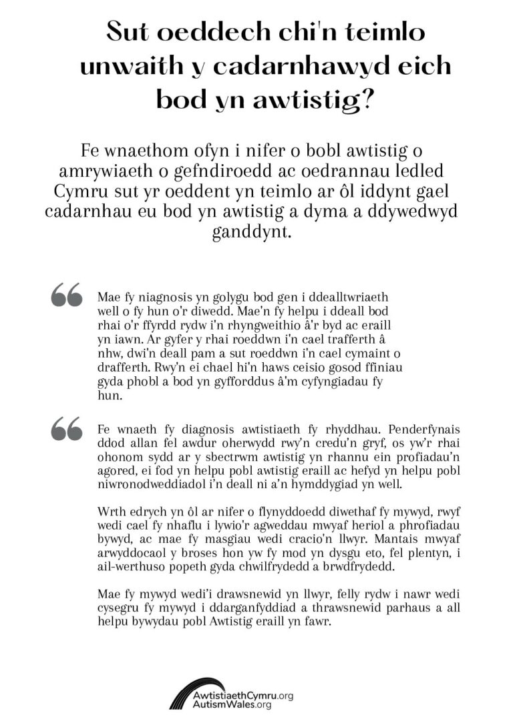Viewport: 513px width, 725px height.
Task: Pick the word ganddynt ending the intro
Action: tap(256, 234)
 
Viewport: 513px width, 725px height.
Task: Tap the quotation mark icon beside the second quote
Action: tap(67, 428)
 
